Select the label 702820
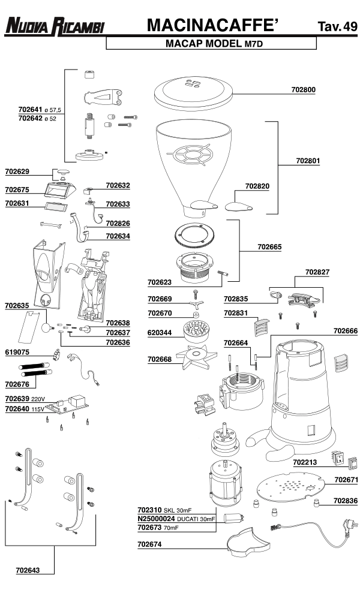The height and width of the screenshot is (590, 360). [257, 186]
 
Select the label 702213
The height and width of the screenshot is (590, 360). [306, 463]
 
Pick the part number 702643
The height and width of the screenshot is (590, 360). [28, 570]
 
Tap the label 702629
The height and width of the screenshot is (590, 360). [17, 171]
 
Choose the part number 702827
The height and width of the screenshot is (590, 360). [317, 272]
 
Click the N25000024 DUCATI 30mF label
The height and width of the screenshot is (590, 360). [176, 519]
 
